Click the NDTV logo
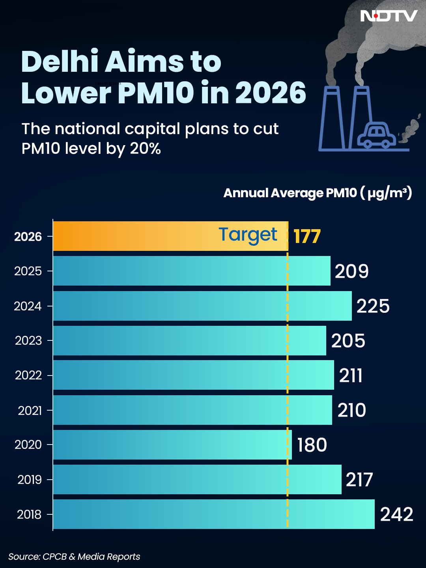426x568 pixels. pyautogui.click(x=389, y=16)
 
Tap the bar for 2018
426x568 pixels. pyautogui.click(x=213, y=514)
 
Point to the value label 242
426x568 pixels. pyautogui.click(x=396, y=514)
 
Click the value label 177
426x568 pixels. pyautogui.click(x=307, y=237)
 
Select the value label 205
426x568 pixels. pyautogui.click(x=348, y=341)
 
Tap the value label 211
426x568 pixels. pyautogui.click(x=351, y=376)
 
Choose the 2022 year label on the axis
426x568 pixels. pyautogui.click(x=28, y=375)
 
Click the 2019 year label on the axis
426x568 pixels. pyautogui.click(x=30, y=480)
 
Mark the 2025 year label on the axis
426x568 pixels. pyautogui.click(x=28, y=271)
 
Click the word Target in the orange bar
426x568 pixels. pyautogui.click(x=248, y=235)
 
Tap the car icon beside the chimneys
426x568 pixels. pyautogui.click(x=376, y=136)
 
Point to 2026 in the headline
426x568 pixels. pyautogui.click(x=271, y=93)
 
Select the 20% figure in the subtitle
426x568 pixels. pyautogui.click(x=145, y=149)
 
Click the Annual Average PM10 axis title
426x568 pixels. pyautogui.click(x=318, y=193)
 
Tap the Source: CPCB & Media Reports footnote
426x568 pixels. pyautogui.click(x=74, y=557)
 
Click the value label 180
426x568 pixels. pyautogui.click(x=312, y=445)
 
